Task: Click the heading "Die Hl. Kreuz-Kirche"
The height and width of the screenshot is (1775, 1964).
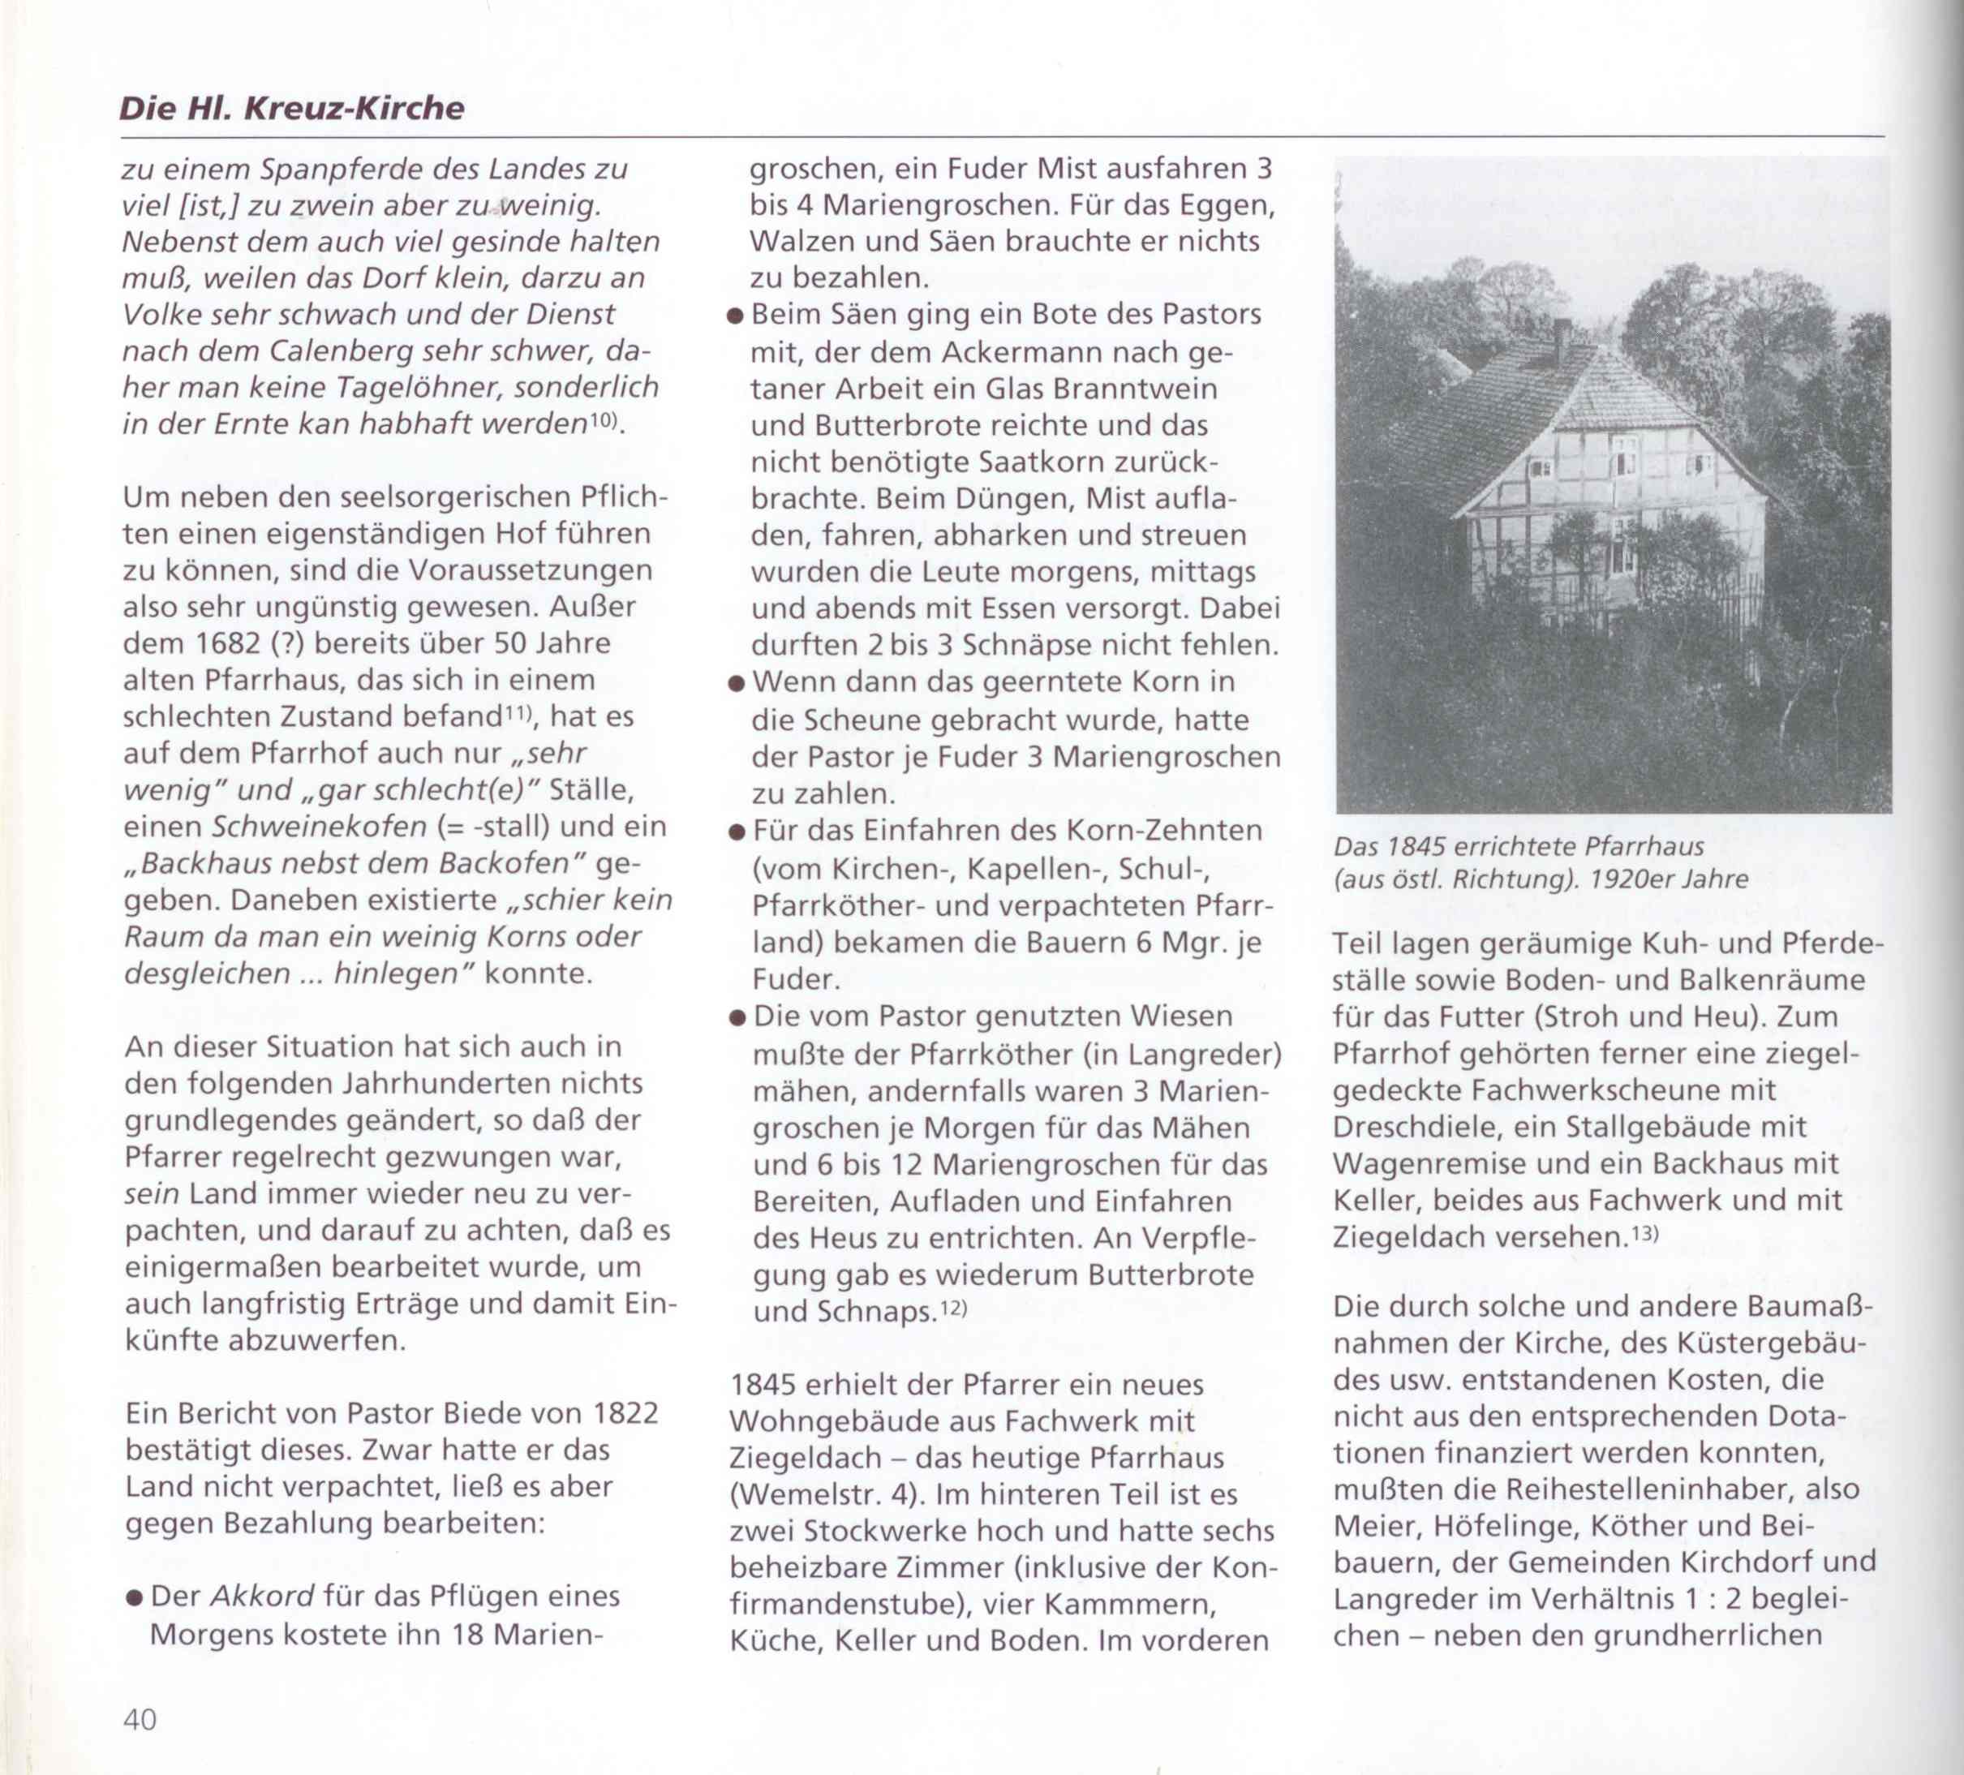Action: pos(291,107)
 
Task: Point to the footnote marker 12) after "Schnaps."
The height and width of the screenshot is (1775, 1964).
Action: pos(952,1308)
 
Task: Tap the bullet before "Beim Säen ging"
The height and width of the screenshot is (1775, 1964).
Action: pos(737,316)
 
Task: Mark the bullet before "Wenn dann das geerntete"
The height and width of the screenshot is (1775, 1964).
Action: pos(737,684)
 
